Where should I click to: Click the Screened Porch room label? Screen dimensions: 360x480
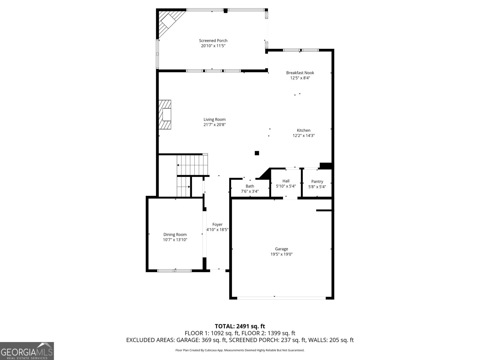[213, 40]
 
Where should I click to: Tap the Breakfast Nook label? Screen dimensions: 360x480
[300, 73]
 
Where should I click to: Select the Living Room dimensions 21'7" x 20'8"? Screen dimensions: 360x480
[214, 124]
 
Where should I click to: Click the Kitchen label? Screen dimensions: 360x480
[304, 130]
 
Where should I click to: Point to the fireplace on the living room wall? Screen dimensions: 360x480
[165, 115]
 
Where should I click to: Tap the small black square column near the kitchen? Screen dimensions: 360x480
[257, 153]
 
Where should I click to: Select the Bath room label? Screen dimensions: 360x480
[250, 186]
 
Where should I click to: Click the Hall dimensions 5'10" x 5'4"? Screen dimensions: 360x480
[286, 186]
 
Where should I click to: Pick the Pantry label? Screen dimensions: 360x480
[317, 181]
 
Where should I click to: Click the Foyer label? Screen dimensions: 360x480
[217, 224]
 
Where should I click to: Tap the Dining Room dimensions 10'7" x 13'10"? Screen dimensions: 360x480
[175, 240]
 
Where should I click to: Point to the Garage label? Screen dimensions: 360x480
[281, 249]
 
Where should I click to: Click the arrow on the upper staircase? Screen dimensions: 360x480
[178, 165]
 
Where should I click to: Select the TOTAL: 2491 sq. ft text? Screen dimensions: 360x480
[240, 326]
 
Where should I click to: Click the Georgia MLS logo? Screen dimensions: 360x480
[27, 351]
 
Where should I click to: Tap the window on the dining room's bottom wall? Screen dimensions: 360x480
[175, 271]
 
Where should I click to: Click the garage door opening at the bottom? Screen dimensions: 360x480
[281, 298]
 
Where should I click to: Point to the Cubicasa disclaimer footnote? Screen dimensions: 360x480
[240, 350]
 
